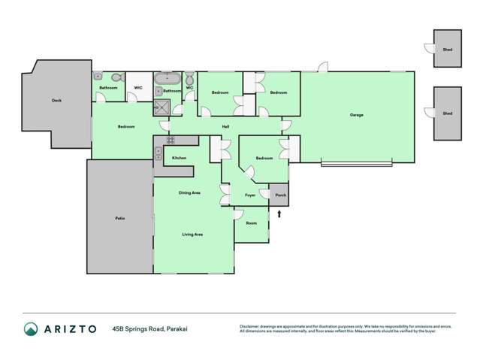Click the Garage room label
[x=356, y=115]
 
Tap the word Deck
[x=56, y=100]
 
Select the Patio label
[x=119, y=218]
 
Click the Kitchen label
[x=179, y=158]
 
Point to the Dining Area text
[x=189, y=193]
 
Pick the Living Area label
[x=192, y=234]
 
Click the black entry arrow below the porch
[x=279, y=214]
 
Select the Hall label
[x=225, y=126]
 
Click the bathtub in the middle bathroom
[x=167, y=78]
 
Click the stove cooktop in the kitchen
[x=171, y=140]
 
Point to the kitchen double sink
[x=158, y=155]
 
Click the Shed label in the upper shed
[x=448, y=49]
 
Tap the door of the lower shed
[x=429, y=113]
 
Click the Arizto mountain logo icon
[x=31, y=329]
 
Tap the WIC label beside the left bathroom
[x=138, y=88]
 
